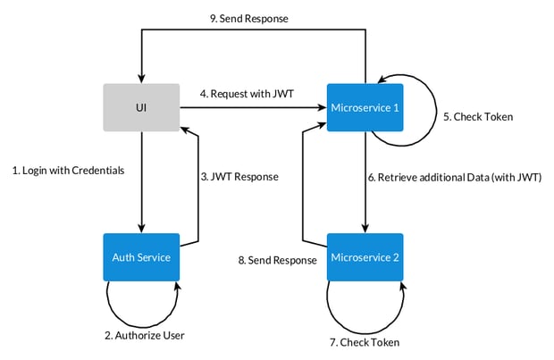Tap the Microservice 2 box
(x=365, y=258)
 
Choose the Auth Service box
(x=141, y=258)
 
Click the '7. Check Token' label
(x=364, y=342)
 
